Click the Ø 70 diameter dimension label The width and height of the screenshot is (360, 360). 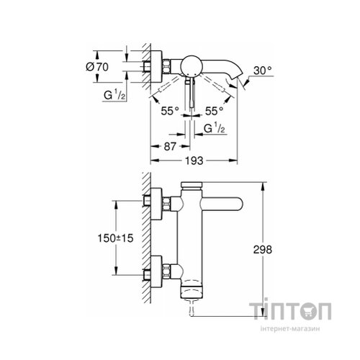pyautogui.click(x=97, y=67)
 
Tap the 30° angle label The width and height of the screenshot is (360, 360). pyautogui.click(x=263, y=71)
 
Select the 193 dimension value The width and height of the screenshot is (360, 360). pyautogui.click(x=194, y=161)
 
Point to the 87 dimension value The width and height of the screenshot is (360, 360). pyautogui.click(x=170, y=146)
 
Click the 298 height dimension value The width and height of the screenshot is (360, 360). pyautogui.click(x=263, y=250)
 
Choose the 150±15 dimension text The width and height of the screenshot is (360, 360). pyautogui.click(x=115, y=238)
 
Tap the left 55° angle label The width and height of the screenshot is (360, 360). pyautogui.click(x=170, y=111)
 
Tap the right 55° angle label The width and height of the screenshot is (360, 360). pyautogui.click(x=215, y=111)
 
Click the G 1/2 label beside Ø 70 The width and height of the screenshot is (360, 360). pyautogui.click(x=114, y=95)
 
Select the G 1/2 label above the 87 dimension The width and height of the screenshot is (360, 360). pyautogui.click(x=215, y=128)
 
